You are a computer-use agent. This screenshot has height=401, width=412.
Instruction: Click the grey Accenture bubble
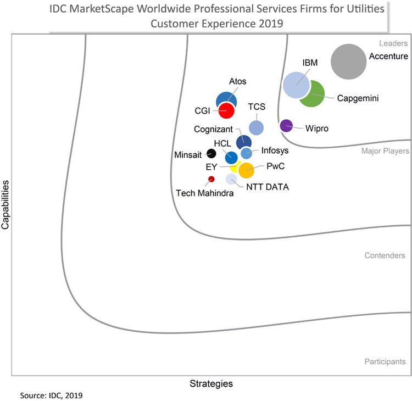(x=348, y=62)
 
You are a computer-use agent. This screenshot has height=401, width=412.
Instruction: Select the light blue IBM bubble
(x=297, y=85)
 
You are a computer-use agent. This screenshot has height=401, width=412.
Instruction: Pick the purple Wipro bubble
(x=286, y=126)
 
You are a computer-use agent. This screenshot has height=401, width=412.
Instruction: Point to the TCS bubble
(x=256, y=127)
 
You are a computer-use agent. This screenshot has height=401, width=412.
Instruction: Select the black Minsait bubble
(x=211, y=153)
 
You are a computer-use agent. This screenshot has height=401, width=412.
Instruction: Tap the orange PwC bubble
(x=246, y=170)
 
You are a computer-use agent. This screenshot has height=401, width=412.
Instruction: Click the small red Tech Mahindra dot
(x=211, y=179)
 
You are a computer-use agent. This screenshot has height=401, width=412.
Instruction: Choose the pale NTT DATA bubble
(x=231, y=179)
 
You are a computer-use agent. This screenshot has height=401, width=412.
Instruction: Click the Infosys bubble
(x=247, y=153)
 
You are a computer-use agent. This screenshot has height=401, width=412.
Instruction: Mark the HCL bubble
(x=232, y=158)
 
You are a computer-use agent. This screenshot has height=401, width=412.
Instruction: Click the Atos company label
(x=237, y=81)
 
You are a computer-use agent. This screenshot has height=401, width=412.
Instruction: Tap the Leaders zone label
(x=393, y=43)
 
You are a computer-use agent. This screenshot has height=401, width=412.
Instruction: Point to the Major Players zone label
(x=385, y=151)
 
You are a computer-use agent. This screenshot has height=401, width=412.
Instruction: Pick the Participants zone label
(x=385, y=361)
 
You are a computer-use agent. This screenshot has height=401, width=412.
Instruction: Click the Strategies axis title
(x=211, y=383)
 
